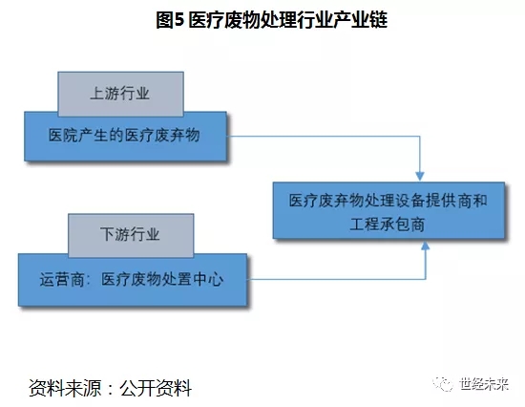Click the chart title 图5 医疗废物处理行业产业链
point(271,20)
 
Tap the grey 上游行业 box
point(120,94)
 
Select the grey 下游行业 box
point(131,235)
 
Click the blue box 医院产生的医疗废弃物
point(125,137)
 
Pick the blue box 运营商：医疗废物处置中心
point(133,280)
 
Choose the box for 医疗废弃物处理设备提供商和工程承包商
point(388,210)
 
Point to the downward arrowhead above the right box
point(420,176)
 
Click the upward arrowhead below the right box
point(425,246)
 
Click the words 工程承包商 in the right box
point(387,225)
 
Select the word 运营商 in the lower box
point(62,280)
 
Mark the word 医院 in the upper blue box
point(64,135)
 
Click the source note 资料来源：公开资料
point(110,388)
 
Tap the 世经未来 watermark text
point(484,384)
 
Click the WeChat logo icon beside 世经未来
point(443,384)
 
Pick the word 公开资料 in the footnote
point(156,388)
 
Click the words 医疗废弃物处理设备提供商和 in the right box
point(388,201)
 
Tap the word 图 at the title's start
point(165,20)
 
